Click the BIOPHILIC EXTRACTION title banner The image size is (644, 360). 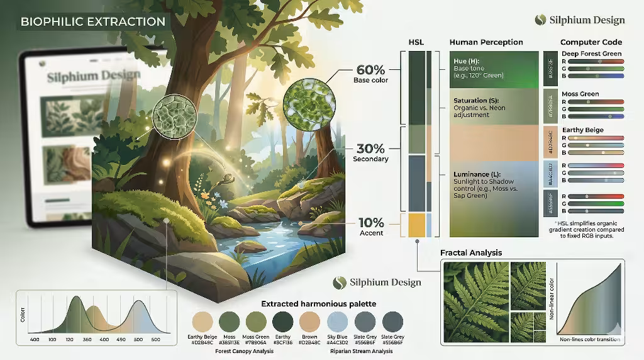(x=93, y=21)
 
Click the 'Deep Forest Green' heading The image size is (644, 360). (x=591, y=54)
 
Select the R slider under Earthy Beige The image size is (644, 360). (x=595, y=138)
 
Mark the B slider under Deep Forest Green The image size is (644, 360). (x=595, y=76)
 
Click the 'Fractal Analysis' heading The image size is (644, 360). (x=471, y=252)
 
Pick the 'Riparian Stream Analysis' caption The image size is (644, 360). (x=360, y=351)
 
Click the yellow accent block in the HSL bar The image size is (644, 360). (x=416, y=225)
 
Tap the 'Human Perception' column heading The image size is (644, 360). (x=486, y=42)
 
